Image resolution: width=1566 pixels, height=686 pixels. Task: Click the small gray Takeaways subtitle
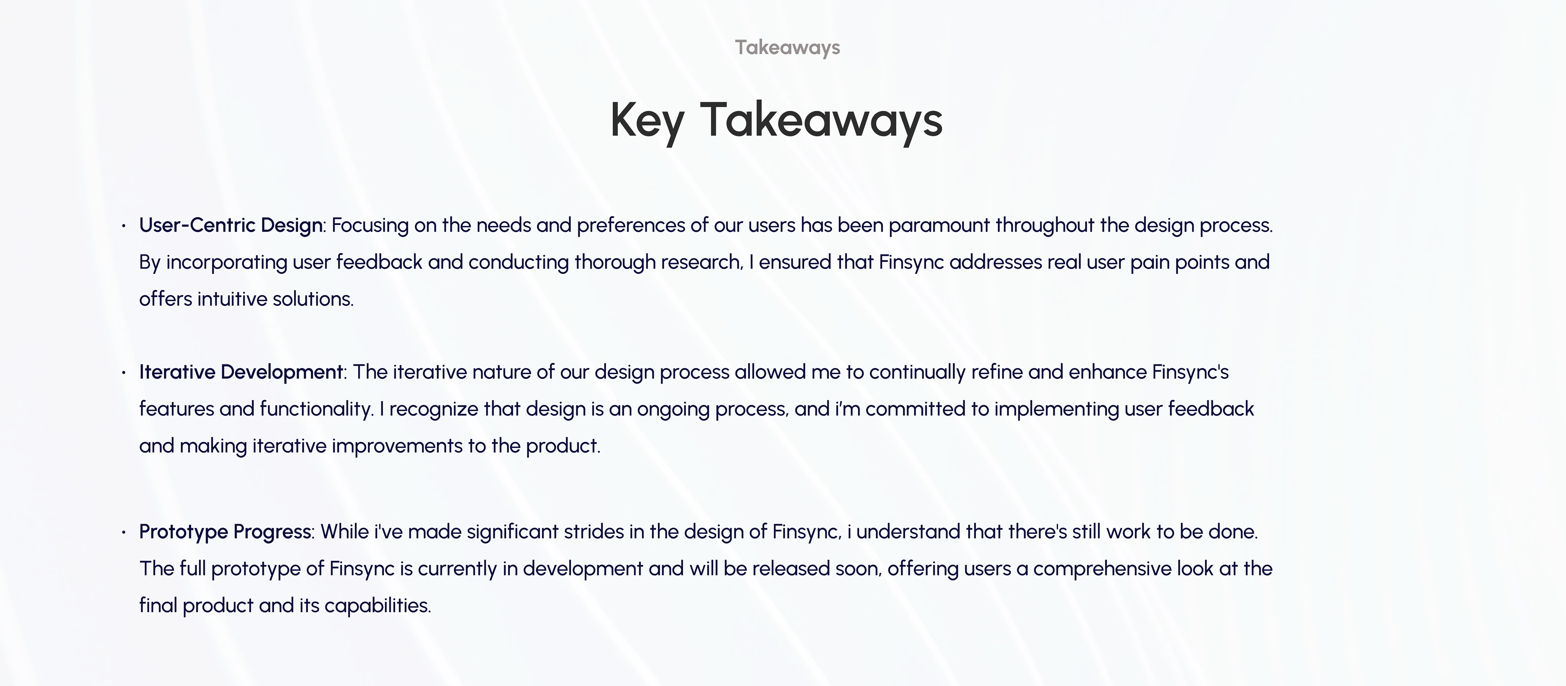pos(787,47)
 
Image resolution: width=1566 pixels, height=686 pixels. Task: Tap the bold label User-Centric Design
pos(231,225)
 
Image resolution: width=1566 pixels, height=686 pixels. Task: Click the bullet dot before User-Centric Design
pos(124,226)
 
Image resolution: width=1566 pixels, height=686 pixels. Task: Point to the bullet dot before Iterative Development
pos(124,373)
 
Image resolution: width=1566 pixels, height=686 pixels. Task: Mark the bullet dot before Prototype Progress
pos(124,532)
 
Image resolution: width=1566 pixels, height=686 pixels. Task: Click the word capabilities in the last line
pos(378,606)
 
